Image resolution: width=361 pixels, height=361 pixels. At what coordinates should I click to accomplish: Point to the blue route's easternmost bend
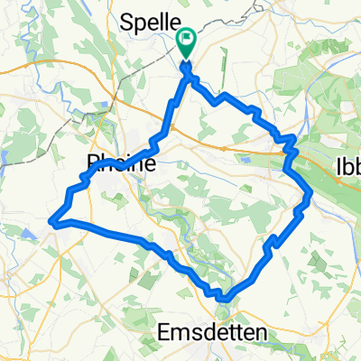pyautogui.click(x=311, y=191)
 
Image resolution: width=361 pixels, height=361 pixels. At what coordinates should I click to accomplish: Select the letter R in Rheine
pyautogui.click(x=92, y=164)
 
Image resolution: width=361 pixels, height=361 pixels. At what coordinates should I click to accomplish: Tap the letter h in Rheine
pyautogui.click(x=106, y=164)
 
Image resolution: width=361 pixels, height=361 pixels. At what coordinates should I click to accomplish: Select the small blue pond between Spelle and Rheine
pyautogui.click(x=5, y=156)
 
